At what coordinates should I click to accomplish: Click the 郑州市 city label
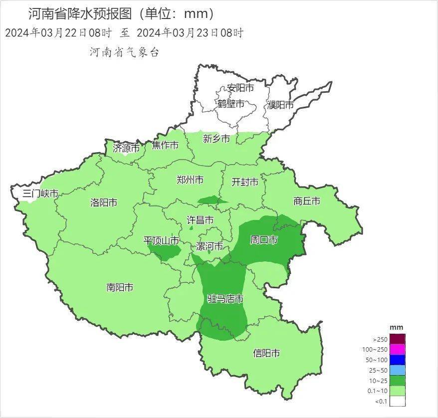click(190, 180)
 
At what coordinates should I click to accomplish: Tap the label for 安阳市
click(240, 88)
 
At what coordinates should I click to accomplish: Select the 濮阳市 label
click(280, 105)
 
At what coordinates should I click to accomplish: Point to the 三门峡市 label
click(40, 194)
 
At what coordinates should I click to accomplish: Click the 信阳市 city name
click(266, 354)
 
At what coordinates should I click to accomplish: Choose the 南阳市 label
click(120, 287)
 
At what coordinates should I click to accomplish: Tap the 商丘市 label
click(307, 202)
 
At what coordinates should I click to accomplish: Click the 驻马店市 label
click(225, 299)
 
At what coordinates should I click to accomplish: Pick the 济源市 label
click(125, 148)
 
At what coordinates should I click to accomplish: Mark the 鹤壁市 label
click(231, 104)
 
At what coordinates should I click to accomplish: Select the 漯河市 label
click(210, 246)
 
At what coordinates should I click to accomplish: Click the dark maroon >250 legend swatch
click(397, 339)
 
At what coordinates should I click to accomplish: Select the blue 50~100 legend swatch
click(397, 360)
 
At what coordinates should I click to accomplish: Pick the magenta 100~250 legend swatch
click(397, 349)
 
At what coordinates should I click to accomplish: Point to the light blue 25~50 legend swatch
click(397, 370)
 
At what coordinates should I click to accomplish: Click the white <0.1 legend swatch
click(397, 401)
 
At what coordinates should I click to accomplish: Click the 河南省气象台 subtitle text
click(124, 52)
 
